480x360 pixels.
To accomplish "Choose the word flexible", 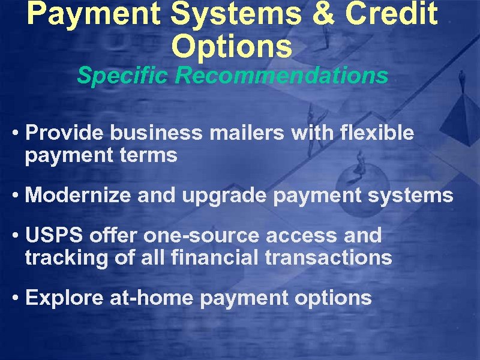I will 377,133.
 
